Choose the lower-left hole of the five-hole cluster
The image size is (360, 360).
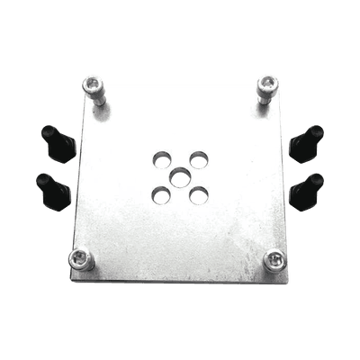[x=160, y=193]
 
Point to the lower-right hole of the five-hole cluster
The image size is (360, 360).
[x=199, y=193]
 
